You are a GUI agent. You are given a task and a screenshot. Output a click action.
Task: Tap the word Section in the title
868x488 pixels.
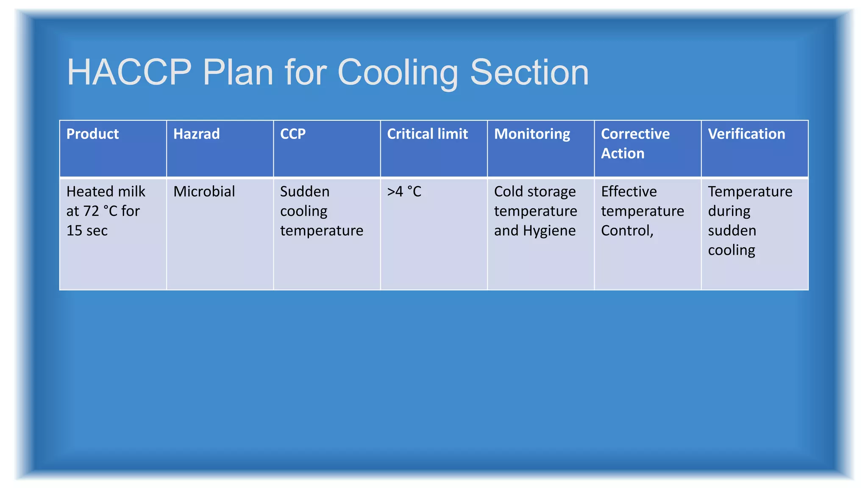[529, 72]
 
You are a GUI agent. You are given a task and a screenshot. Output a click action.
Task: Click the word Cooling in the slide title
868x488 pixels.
[398, 72]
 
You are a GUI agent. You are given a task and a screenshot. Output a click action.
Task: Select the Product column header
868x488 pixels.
[92, 134]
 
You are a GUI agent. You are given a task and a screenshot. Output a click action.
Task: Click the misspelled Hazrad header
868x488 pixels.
[196, 134]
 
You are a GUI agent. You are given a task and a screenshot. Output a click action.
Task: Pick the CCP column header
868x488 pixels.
[292, 134]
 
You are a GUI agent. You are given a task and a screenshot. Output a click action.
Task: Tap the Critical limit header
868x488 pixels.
[427, 134]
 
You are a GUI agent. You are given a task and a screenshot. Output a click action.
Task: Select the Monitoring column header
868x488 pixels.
[532, 134]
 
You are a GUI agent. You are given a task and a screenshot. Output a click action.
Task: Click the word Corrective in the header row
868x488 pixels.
[635, 134]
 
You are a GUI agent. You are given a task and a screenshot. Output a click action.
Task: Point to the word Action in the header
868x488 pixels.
[622, 153]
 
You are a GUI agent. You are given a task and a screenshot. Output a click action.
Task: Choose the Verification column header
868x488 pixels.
[746, 134]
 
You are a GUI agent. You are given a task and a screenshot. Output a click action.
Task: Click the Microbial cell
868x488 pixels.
[204, 191]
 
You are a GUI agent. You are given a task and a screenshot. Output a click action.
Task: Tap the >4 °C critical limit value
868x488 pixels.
[404, 191]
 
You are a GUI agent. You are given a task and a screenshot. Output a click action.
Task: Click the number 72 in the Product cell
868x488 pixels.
[92, 211]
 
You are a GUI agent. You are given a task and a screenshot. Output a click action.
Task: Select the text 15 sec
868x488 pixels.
[87, 230]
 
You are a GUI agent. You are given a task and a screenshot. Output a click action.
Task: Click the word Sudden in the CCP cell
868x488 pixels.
[305, 191]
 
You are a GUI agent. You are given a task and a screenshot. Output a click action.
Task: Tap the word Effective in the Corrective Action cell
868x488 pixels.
[629, 191]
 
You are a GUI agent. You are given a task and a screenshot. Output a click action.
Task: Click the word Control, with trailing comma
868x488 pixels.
[627, 230]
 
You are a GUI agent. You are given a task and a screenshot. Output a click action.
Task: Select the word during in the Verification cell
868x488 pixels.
[729, 211]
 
